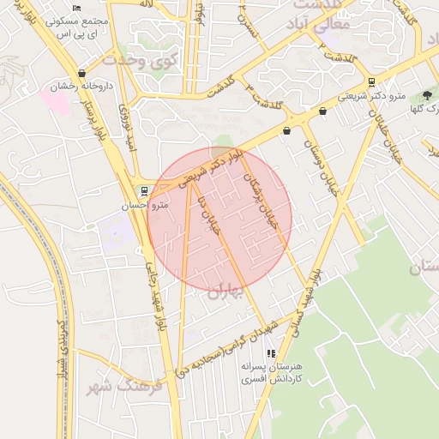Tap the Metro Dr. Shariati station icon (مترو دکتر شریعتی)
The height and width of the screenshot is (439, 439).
tap(371, 83)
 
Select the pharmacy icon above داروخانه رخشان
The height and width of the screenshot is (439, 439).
tap(81, 74)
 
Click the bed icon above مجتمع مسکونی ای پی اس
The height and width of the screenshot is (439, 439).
tap(77, 8)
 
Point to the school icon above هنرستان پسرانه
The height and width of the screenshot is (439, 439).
tap(271, 352)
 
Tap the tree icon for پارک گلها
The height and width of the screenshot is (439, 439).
tap(426, 95)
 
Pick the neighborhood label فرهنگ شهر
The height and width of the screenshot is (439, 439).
tap(111, 387)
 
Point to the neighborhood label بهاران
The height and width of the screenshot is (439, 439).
tap(226, 292)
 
